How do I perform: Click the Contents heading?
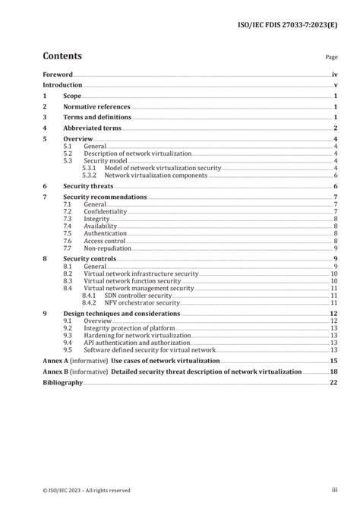click(x=62, y=55)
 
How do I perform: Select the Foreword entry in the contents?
click(x=58, y=74)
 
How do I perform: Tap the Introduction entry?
click(x=63, y=86)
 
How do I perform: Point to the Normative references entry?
click(x=96, y=107)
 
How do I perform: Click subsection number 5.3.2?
click(x=90, y=175)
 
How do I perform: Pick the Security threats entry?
click(x=87, y=186)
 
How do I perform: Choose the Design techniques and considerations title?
click(x=122, y=314)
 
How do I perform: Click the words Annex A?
click(x=55, y=361)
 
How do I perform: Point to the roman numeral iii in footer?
click(x=333, y=491)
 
